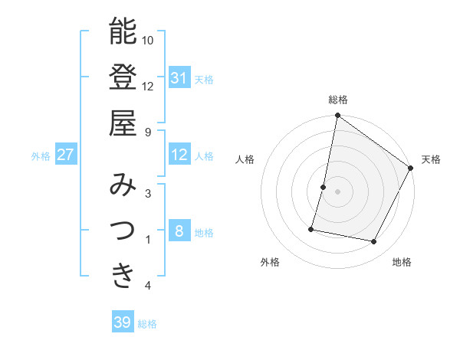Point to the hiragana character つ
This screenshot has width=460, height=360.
[x=123, y=229]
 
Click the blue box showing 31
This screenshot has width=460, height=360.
[x=179, y=77]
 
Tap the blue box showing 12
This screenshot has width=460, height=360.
[x=179, y=155]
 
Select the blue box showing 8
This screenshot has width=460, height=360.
[x=179, y=232]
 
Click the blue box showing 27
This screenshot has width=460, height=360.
[x=65, y=155]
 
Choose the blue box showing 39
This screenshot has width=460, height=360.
[x=122, y=322]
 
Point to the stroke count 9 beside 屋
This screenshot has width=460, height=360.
[x=148, y=132]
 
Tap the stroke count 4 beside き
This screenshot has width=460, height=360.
[x=148, y=286]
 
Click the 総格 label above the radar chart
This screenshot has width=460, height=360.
[x=338, y=100]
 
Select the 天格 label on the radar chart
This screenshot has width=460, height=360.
[x=431, y=159]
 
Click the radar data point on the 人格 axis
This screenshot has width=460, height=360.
[x=324, y=187]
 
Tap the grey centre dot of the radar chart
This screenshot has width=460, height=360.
[x=338, y=191]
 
